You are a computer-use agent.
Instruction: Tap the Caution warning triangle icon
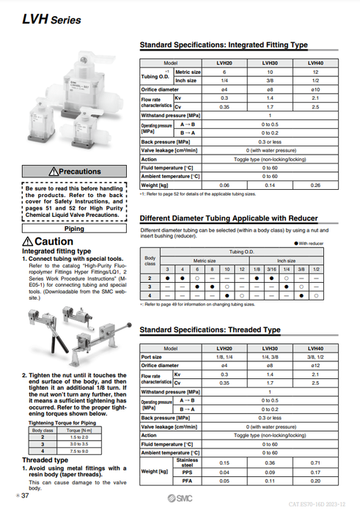pos(28,242)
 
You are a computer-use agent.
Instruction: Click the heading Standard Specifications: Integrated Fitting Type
pos(223,45)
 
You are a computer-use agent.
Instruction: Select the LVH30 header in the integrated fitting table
pos(269,64)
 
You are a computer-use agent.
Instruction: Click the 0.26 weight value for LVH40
pos(315,185)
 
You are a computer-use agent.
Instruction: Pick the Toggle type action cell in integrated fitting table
pos(269,159)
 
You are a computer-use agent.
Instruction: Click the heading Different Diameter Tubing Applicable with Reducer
pos(228,218)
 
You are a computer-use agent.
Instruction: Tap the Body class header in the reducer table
pos(150,260)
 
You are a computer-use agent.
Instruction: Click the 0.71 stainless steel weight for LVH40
pos(315,462)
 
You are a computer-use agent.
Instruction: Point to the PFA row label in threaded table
pos(186,481)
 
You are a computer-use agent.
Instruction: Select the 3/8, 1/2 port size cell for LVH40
pos(315,357)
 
